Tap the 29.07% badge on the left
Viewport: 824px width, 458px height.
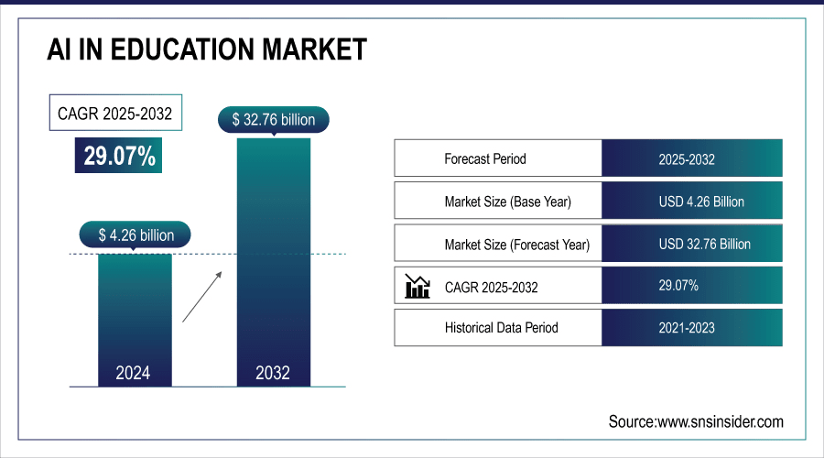click(119, 156)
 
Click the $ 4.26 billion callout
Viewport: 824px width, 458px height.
click(135, 234)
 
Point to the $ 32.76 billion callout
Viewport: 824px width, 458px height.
click(273, 119)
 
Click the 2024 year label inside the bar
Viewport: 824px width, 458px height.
click(134, 373)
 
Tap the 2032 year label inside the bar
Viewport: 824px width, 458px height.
click(273, 373)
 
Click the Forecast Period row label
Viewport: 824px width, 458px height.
click(485, 158)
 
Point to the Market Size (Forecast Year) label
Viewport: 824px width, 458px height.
click(516, 245)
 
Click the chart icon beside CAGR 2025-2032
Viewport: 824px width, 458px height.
click(417, 287)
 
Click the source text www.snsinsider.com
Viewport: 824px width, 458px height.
click(696, 421)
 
